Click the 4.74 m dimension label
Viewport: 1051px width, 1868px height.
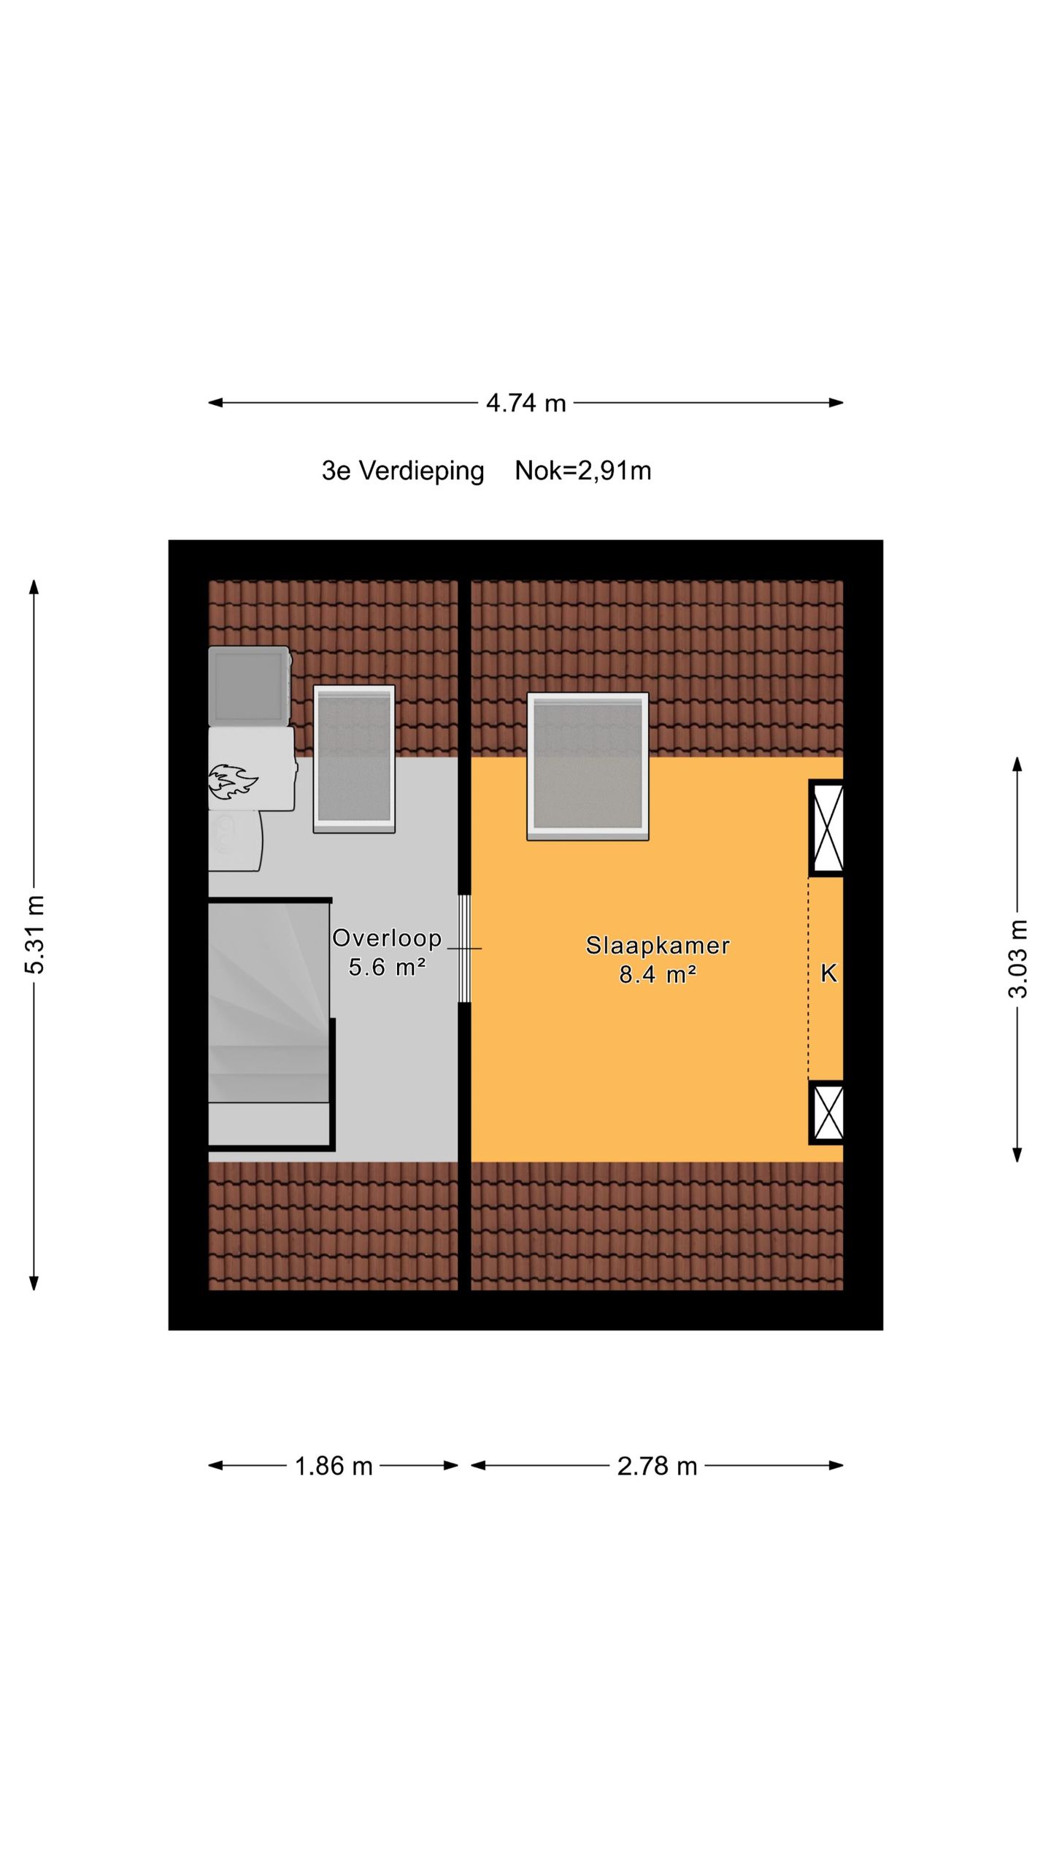525,403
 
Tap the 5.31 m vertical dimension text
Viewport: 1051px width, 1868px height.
35,935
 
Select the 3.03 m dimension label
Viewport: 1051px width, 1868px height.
1017,959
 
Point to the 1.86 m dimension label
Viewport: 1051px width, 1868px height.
334,1466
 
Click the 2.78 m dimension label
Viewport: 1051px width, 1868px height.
657,1466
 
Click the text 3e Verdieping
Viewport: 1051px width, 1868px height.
403,471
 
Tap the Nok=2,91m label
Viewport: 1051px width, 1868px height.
582,471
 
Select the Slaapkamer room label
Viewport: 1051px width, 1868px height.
657,946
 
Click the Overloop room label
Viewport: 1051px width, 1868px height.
387,938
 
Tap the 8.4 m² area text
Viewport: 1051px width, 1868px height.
657,974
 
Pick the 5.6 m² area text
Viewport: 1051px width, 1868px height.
387,968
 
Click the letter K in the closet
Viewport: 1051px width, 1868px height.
828,973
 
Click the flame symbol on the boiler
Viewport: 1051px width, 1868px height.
232,781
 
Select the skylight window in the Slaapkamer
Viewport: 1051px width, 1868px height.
588,766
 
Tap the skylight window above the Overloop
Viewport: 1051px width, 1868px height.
354,759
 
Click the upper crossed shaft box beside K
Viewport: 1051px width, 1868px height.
827,827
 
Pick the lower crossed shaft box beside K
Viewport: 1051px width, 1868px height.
827,1112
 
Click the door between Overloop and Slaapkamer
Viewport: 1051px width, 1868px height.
464,948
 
